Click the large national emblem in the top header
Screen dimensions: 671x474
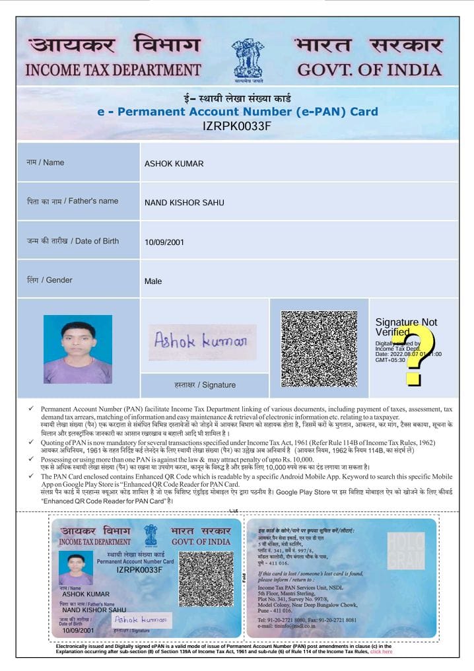[247, 59]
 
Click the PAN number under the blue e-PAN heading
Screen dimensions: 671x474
[237, 126]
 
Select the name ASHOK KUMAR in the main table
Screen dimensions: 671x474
[174, 164]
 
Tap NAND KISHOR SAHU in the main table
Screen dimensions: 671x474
[184, 203]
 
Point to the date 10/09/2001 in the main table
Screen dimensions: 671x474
[164, 242]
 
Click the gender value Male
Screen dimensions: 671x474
[152, 281]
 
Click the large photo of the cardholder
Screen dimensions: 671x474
[77, 349]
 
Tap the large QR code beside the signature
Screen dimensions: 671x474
[320, 348]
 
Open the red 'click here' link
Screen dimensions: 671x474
[381, 652]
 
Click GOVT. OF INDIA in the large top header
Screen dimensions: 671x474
[369, 69]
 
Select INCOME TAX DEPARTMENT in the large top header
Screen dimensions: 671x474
[113, 69]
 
